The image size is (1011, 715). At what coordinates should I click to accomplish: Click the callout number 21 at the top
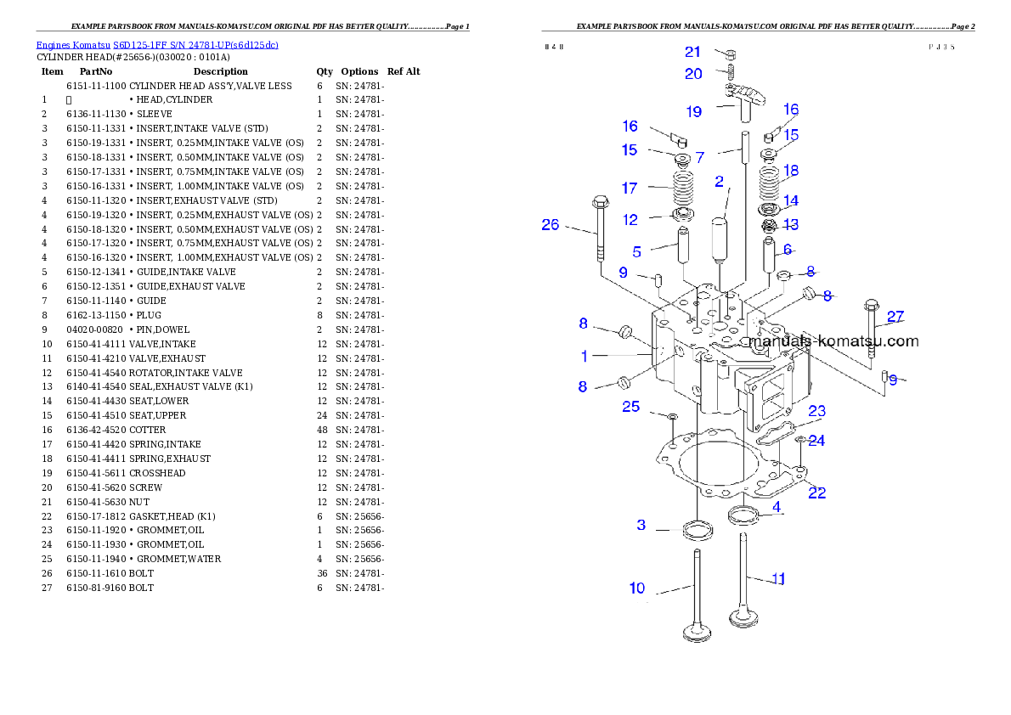click(692, 53)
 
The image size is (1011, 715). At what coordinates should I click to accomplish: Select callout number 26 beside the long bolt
click(551, 225)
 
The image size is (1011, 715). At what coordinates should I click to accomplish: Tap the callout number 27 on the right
click(895, 318)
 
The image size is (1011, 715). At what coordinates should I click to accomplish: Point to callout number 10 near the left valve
click(637, 588)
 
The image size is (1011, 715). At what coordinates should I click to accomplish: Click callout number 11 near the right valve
click(777, 579)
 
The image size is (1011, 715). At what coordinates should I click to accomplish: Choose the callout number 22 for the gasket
click(816, 493)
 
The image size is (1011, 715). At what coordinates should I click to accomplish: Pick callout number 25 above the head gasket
click(630, 407)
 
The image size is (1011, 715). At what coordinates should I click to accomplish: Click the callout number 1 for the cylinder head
click(585, 355)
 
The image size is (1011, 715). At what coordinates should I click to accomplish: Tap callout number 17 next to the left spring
click(630, 188)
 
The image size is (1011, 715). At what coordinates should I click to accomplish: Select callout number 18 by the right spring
click(791, 172)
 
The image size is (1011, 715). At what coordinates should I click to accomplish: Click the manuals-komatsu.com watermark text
click(833, 341)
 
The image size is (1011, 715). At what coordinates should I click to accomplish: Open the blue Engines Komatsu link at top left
click(157, 45)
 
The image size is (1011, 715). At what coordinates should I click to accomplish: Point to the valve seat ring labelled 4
click(744, 514)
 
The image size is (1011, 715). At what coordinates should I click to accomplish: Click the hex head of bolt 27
click(871, 307)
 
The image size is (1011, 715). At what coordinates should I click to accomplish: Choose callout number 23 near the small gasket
click(816, 411)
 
